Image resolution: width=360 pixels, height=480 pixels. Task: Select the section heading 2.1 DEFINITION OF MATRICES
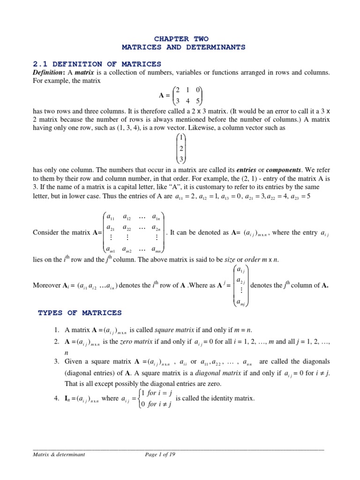click(x=97, y=64)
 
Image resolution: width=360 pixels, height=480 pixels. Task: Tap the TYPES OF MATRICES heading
click(x=79, y=313)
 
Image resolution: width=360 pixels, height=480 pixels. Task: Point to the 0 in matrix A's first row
click(x=199, y=90)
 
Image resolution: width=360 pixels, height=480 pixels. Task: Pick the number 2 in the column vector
click(x=180, y=149)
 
